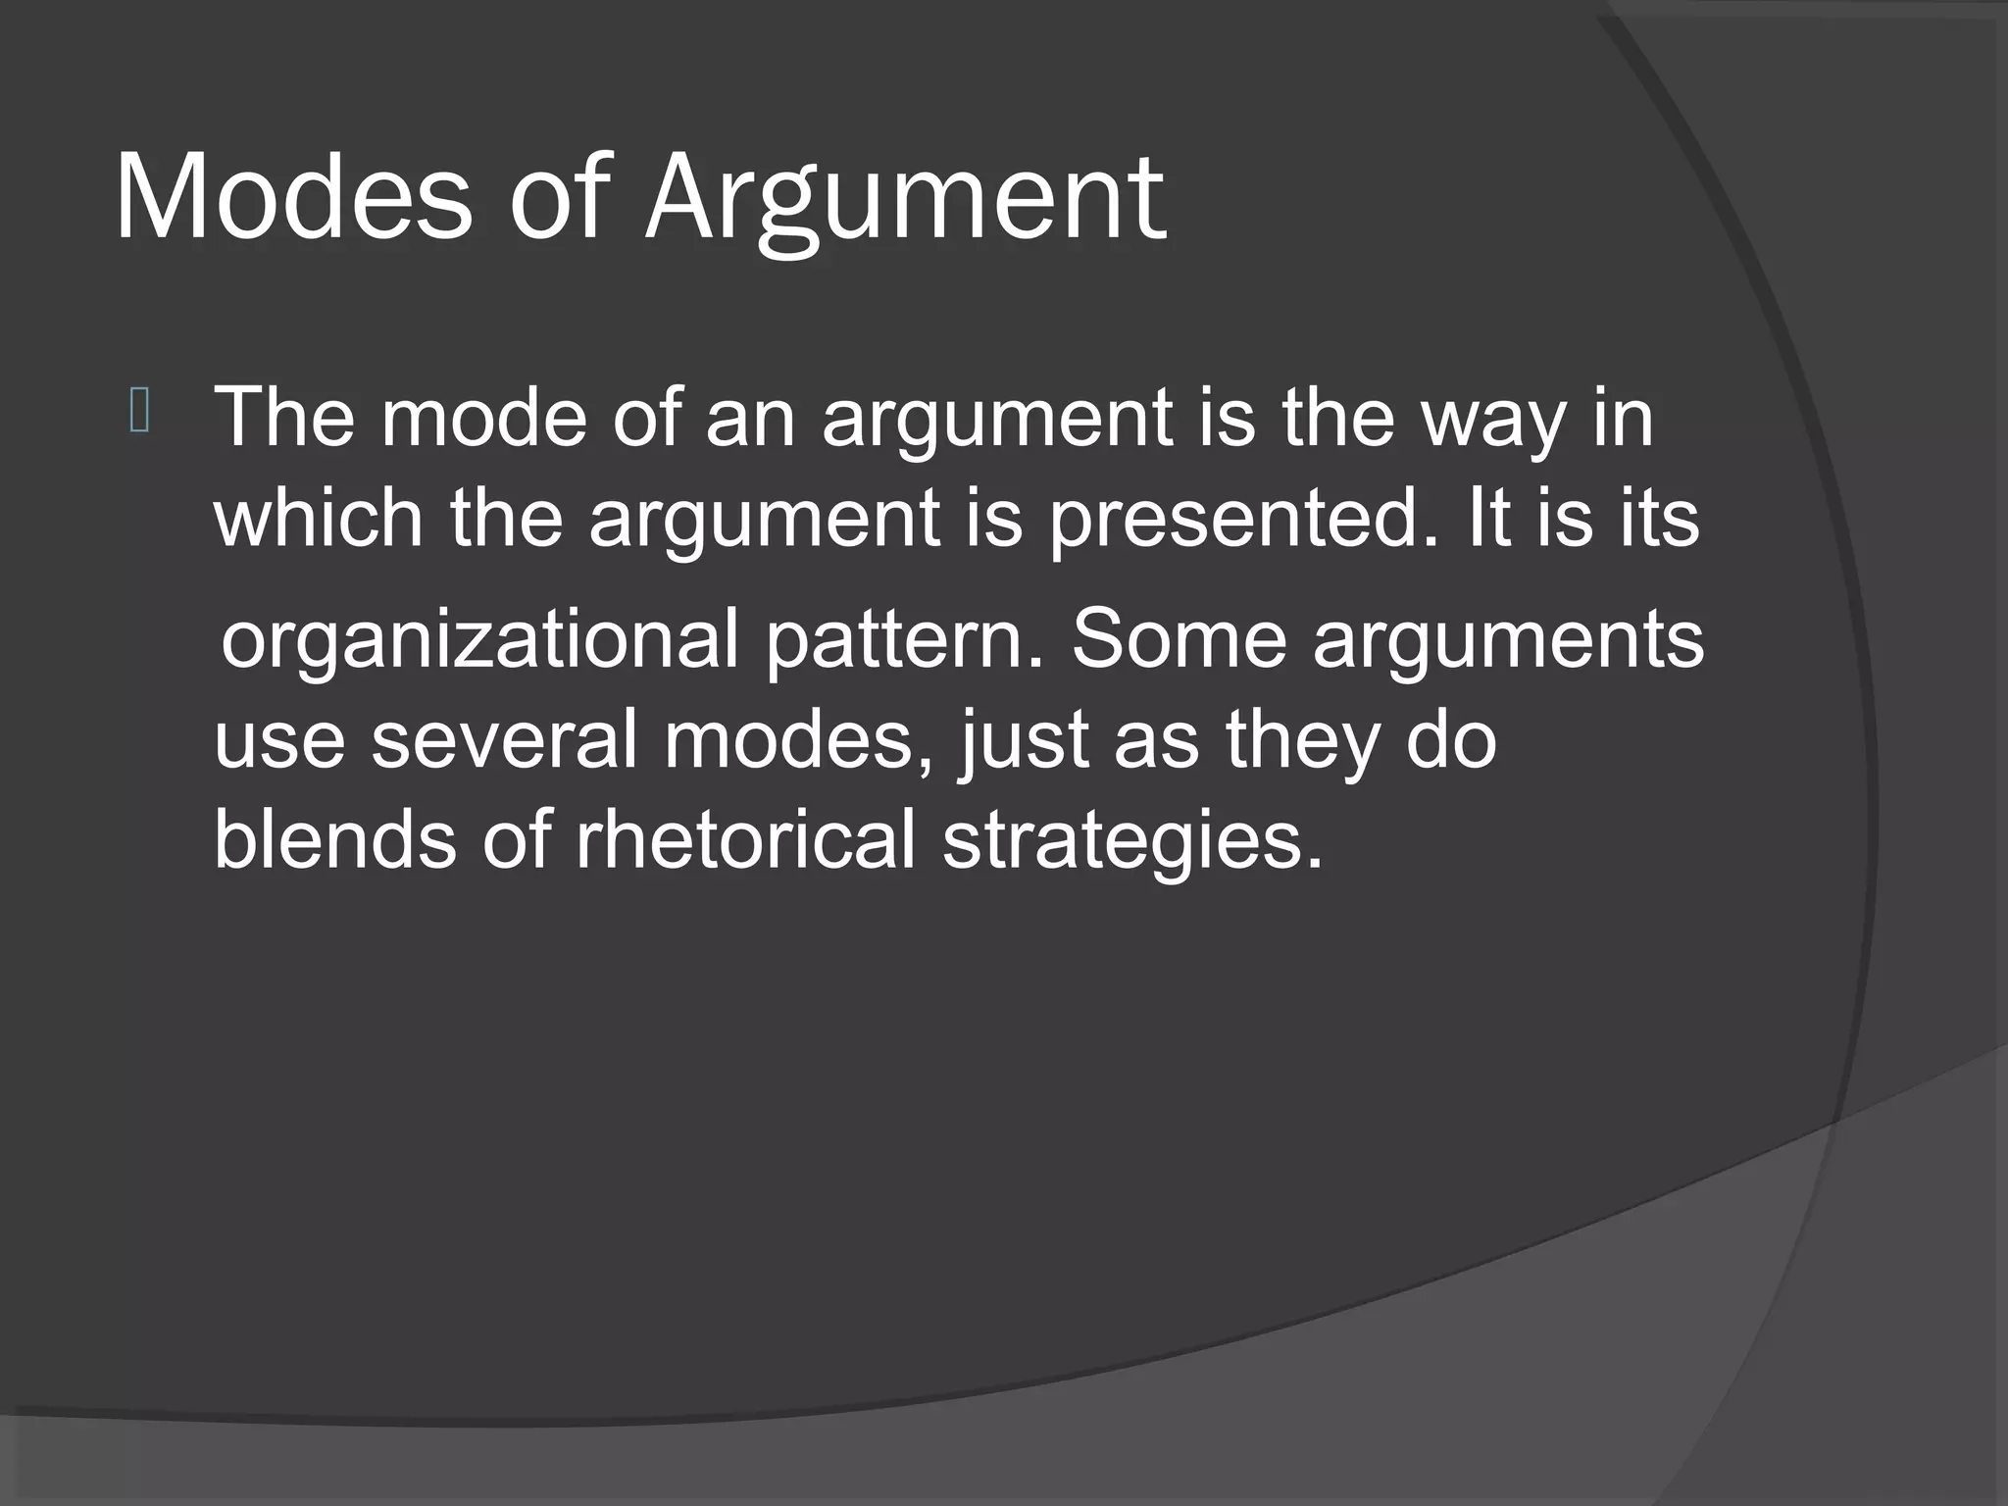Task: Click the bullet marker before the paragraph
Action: pos(139,413)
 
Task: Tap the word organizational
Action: pos(478,640)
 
